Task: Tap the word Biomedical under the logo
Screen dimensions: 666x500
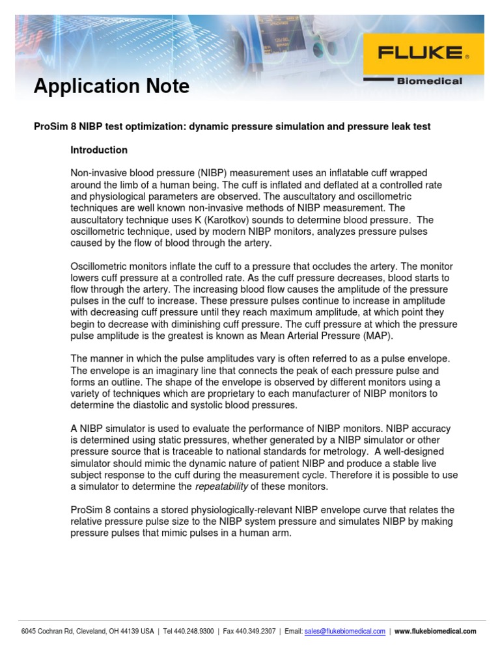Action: point(430,81)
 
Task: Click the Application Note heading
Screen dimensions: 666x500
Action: point(111,86)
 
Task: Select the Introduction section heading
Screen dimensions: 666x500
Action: point(99,150)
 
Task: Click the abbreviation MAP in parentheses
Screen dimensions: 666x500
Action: point(378,336)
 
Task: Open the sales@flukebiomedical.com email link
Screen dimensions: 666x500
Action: point(344,632)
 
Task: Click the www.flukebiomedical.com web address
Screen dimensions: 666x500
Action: point(436,632)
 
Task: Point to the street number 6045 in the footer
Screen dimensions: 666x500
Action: point(29,632)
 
